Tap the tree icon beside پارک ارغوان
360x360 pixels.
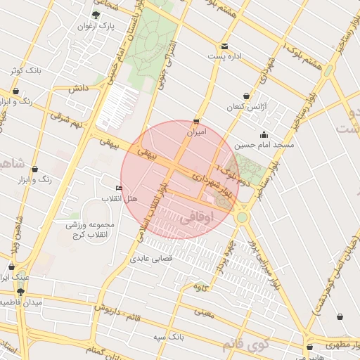[96, 14]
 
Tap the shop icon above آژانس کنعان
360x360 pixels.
[245, 96]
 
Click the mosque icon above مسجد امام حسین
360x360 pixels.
[264, 134]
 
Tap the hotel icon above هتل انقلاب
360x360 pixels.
[118, 188]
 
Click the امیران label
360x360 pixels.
[197, 131]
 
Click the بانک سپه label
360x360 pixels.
[169, 336]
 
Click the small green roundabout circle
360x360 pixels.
[242, 218]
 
